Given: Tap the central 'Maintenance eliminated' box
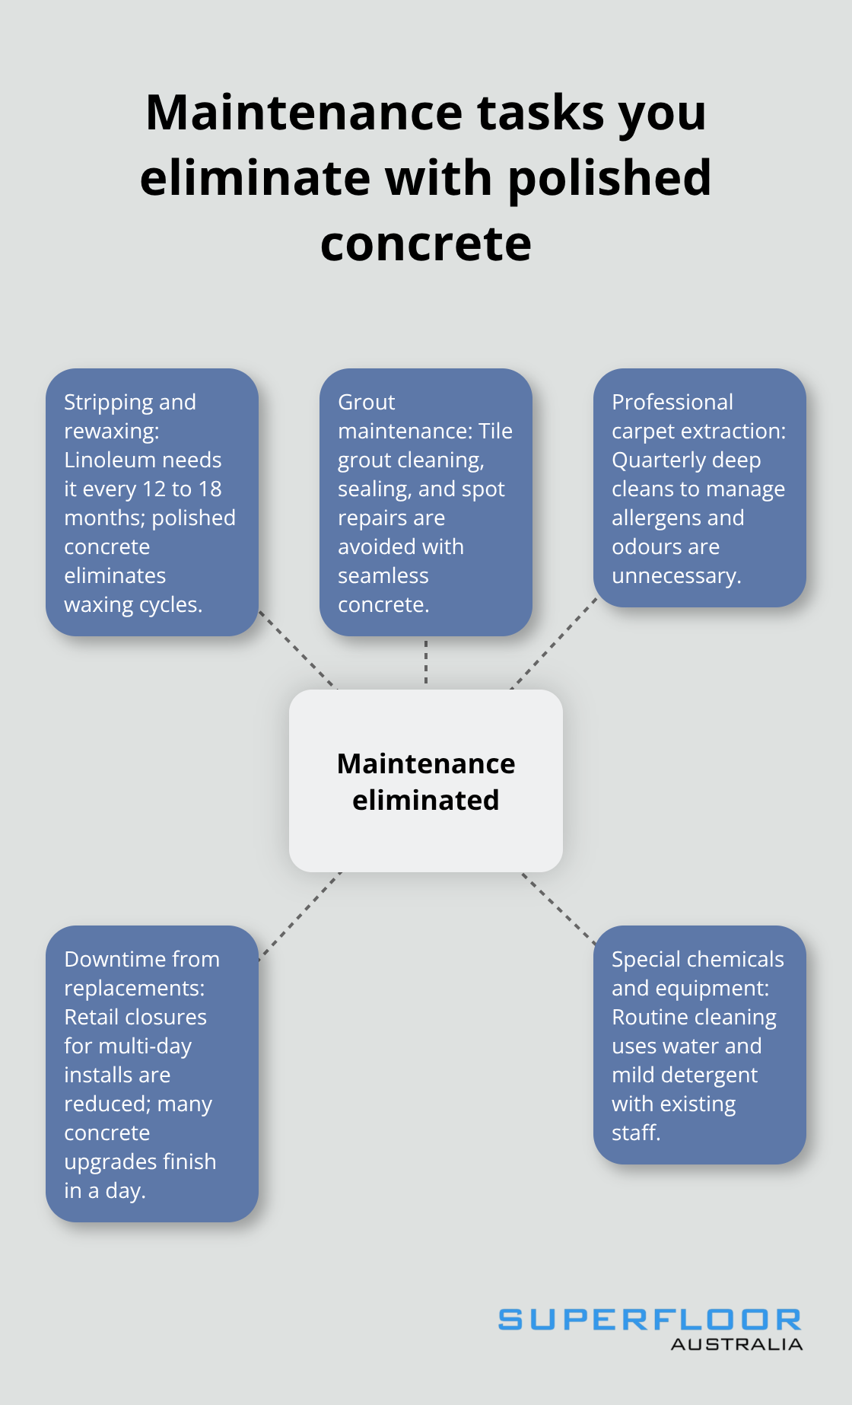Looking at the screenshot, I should tap(426, 781).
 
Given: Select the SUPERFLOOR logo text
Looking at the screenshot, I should tap(650, 1320).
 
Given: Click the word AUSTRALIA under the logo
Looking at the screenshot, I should tap(736, 1345).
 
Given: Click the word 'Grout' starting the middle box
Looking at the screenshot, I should tap(367, 403).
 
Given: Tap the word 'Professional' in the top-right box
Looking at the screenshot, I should tap(672, 403).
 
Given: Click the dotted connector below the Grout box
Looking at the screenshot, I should tap(426, 662).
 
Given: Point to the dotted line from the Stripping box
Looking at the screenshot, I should tap(297, 649).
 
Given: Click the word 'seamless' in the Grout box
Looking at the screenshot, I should tap(383, 576).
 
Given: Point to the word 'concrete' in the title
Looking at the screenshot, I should tap(426, 245).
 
